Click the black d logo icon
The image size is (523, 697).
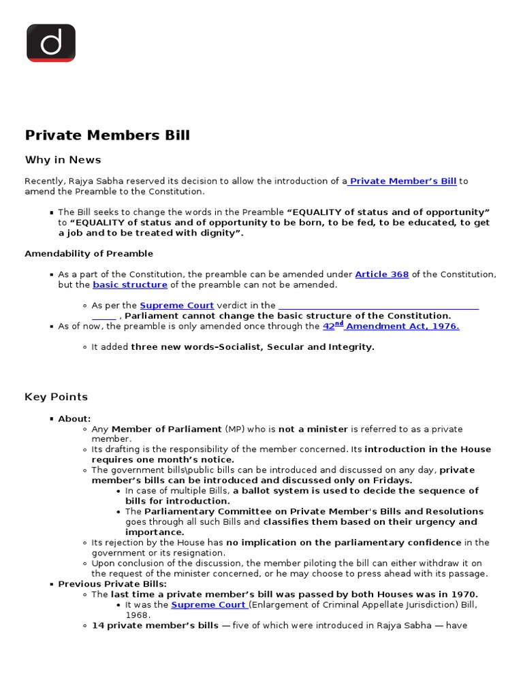50,43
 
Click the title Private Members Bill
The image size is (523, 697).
108,135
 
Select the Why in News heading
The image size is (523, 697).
63,160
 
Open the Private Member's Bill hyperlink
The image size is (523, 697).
402,181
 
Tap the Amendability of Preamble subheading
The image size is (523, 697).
89,254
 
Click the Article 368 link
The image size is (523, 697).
381,274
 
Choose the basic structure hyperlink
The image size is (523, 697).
130,285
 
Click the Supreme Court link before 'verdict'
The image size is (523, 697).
176,306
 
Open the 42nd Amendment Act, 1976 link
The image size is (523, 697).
391,326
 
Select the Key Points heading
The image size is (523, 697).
56,397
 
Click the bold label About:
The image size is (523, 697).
74,419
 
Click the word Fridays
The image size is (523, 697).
392,481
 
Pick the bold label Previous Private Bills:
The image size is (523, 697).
112,584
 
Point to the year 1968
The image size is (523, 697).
138,615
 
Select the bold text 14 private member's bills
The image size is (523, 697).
155,625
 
